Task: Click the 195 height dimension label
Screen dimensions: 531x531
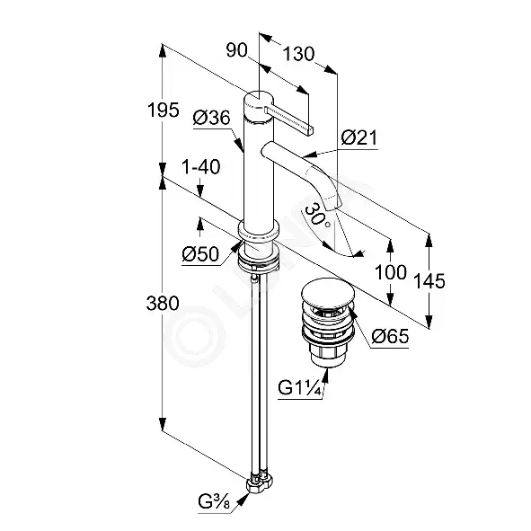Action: (x=163, y=110)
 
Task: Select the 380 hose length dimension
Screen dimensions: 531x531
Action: (x=163, y=303)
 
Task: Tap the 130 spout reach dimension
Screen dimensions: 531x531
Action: (x=298, y=54)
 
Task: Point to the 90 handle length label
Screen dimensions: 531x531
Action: (x=237, y=51)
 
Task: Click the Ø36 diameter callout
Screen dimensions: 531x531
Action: (x=212, y=118)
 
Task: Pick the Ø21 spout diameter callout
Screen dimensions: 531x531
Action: (x=359, y=137)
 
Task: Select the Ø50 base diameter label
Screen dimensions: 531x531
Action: (x=200, y=254)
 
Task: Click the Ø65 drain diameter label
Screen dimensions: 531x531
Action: (x=390, y=336)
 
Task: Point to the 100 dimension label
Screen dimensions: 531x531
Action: (x=391, y=272)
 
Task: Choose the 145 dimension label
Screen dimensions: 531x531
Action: (x=429, y=280)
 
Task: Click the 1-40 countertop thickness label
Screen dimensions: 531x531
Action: (x=201, y=166)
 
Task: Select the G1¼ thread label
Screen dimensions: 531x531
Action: (x=299, y=387)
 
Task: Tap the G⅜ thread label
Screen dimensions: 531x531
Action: (x=214, y=503)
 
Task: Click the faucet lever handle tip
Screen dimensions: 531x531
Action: (x=311, y=130)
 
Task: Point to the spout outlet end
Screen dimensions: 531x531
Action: (x=333, y=205)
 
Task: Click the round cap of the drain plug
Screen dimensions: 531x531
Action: (x=327, y=292)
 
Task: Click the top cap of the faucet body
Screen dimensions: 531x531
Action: (x=258, y=101)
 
